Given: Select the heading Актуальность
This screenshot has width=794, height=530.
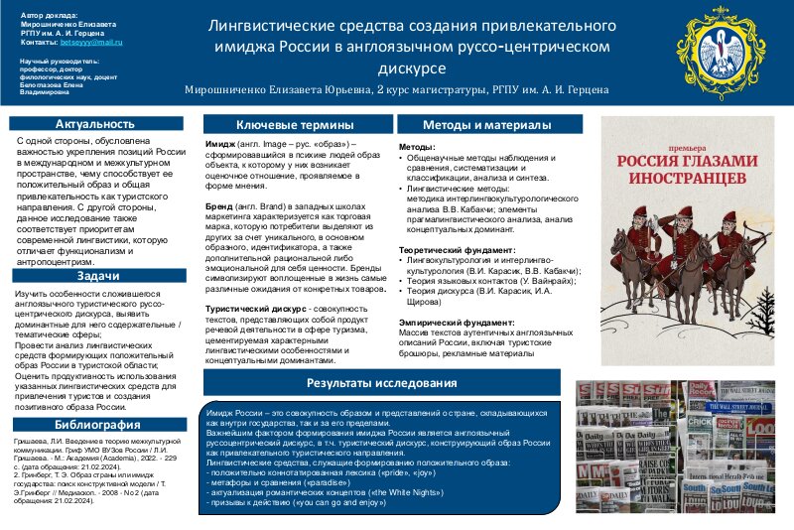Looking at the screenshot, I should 95,124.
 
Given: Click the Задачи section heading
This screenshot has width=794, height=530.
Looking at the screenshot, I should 95,275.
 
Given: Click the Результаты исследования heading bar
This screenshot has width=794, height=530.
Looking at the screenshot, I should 381,382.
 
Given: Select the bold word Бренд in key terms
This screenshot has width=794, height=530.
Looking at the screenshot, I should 218,205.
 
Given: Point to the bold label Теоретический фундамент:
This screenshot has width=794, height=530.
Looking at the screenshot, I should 457,249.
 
